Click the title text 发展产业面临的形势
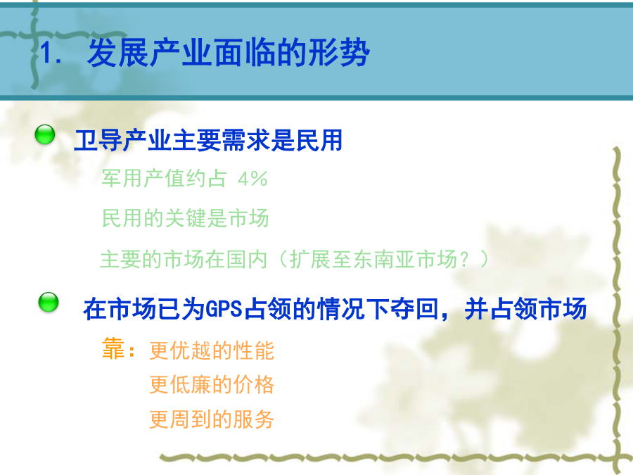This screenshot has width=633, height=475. tap(228, 53)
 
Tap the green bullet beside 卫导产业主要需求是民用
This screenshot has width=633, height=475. tap(45, 134)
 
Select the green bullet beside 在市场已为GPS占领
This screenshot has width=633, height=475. tap(49, 302)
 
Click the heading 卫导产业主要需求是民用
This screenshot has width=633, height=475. tap(208, 140)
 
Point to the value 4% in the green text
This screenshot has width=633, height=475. tap(252, 179)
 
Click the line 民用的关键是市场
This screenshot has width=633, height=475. tap(185, 218)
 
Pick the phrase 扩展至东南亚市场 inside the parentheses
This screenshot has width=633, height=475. tap(373, 259)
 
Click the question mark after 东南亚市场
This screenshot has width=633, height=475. tap(464, 259)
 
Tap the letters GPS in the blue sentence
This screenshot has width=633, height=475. tap(224, 310)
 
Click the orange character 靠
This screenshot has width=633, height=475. tap(113, 348)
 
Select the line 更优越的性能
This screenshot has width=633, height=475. tap(212, 350)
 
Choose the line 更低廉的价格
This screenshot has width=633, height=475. tap(212, 384)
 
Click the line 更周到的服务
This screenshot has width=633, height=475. tap(212, 419)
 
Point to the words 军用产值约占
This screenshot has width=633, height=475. tap(164, 178)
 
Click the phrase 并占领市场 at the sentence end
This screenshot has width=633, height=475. tap(525, 309)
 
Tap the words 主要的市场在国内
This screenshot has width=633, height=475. tap(184, 259)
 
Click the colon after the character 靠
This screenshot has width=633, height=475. tap(131, 351)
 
